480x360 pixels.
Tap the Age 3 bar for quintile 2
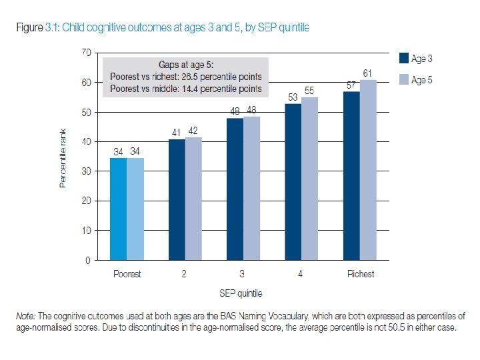(177, 199)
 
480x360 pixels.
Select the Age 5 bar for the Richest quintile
(369, 170)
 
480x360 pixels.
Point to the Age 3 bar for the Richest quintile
(352, 176)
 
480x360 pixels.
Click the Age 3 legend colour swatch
(403, 59)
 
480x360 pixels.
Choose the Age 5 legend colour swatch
(403, 80)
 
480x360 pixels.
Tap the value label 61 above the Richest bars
(368, 72)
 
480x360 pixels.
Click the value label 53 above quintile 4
(293, 97)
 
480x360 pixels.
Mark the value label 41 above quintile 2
(177, 133)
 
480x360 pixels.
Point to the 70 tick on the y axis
(86, 52)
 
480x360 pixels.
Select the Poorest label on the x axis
(127, 274)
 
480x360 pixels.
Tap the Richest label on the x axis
(361, 274)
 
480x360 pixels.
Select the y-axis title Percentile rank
(63, 157)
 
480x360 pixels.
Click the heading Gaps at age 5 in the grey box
(187, 65)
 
